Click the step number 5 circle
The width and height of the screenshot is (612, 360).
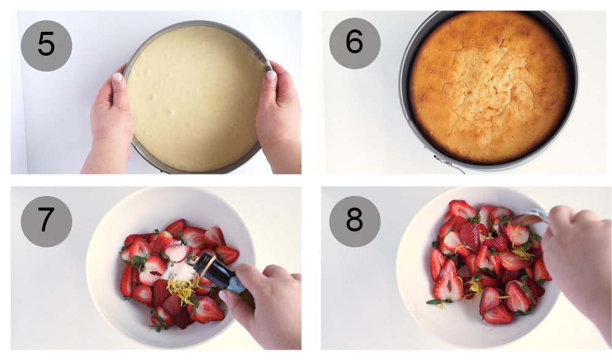[46, 46]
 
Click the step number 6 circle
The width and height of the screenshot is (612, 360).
[354, 43]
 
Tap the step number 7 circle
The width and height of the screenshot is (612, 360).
[46, 221]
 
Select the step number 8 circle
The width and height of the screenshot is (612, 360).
[354, 221]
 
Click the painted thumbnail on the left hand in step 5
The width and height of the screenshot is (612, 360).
[118, 78]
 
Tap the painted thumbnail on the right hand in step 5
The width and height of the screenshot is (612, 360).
[270, 75]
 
